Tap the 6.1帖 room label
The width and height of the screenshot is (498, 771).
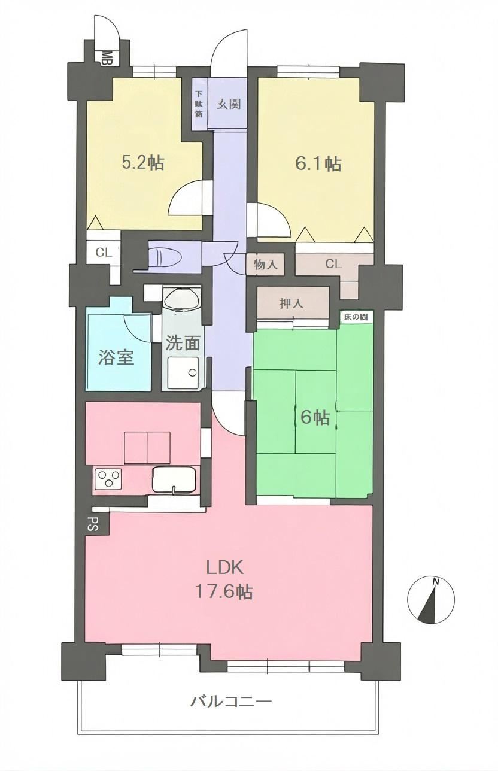[x=318, y=164]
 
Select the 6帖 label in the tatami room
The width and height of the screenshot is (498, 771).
[x=315, y=418]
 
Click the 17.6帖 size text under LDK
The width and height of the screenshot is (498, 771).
[x=224, y=591]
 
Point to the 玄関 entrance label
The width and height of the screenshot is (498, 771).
[x=229, y=104]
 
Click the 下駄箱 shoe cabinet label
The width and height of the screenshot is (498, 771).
[x=199, y=104]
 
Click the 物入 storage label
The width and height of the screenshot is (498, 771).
[x=265, y=265]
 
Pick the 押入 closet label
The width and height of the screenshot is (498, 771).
[x=291, y=303]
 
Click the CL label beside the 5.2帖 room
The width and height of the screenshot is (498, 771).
[x=104, y=253]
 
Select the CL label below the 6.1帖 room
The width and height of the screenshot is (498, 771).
[x=333, y=264]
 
